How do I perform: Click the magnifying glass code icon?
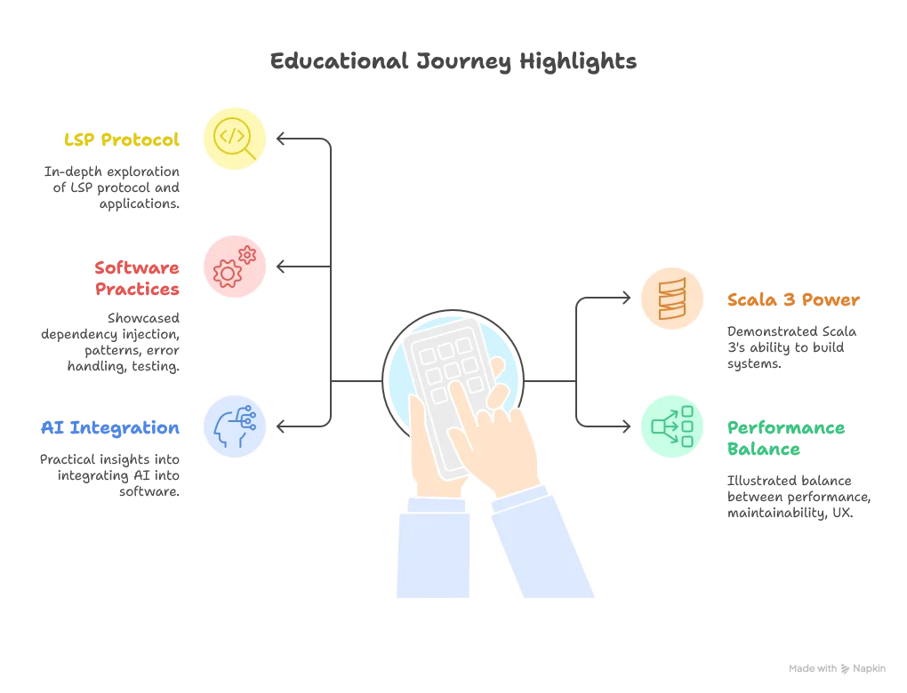[235, 138]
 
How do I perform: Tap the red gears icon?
[235, 267]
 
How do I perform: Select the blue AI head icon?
[235, 426]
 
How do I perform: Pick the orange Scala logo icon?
[672, 298]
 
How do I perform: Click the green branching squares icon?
[672, 426]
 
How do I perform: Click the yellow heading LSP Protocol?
[123, 139]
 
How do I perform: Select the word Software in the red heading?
[138, 267]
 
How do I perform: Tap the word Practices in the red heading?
[138, 290]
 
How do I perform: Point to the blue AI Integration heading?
[111, 428]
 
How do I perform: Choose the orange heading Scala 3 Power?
[793, 300]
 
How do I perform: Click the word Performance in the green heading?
[786, 428]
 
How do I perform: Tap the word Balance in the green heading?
[765, 450]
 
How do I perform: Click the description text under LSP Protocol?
[116, 187]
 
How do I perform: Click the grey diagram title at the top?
[453, 62]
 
